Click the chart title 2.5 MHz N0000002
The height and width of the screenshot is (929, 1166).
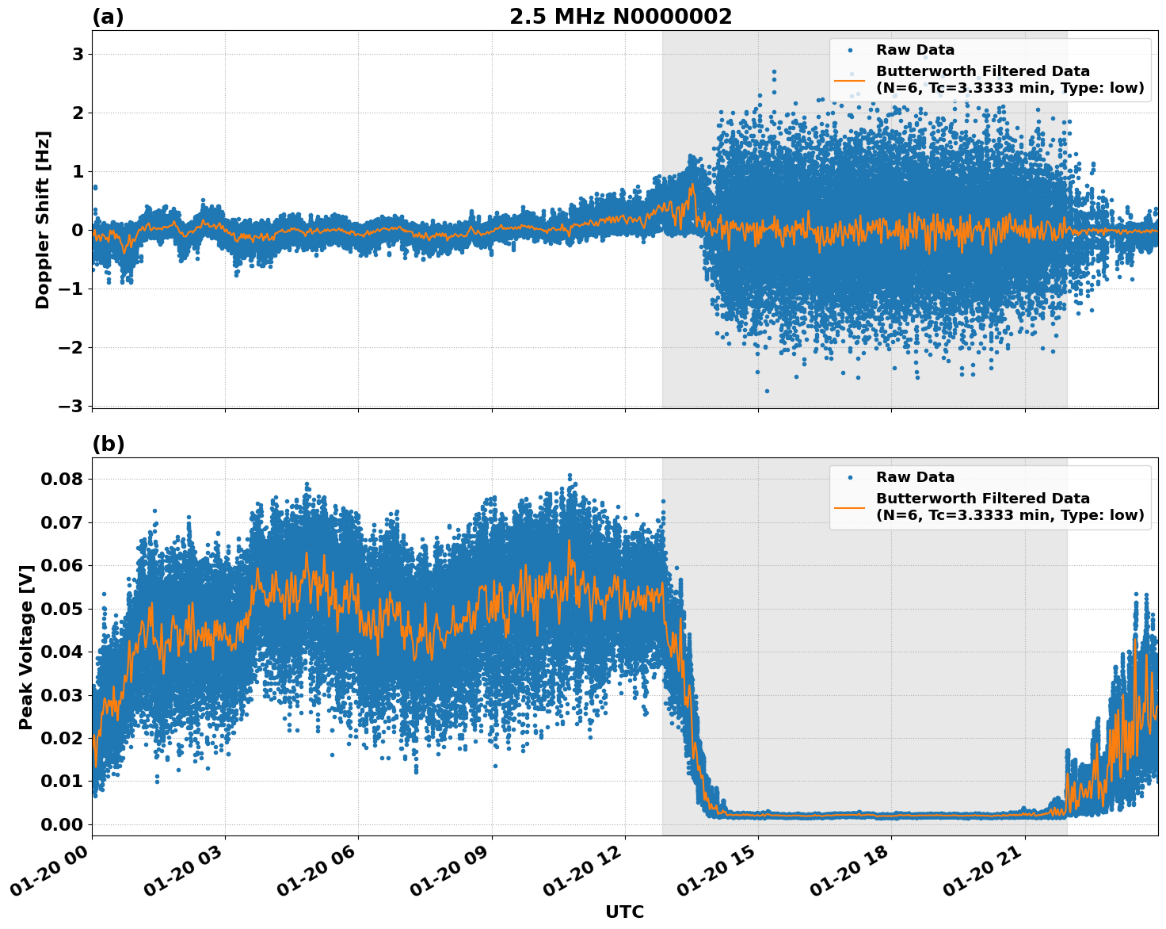620,17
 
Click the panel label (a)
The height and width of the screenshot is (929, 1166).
108,17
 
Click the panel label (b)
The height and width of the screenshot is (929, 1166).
108,444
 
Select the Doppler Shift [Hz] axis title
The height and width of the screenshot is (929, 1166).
43,220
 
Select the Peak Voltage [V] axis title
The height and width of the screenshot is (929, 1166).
26,647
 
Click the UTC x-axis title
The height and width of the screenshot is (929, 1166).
624,912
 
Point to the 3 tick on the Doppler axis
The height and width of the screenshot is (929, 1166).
78,54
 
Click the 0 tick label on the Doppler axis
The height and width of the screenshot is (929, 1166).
78,230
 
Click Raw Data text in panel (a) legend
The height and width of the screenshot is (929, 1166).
915,50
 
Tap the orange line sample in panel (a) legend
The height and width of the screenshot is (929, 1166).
850,79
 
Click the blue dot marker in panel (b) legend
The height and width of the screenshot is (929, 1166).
850,477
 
